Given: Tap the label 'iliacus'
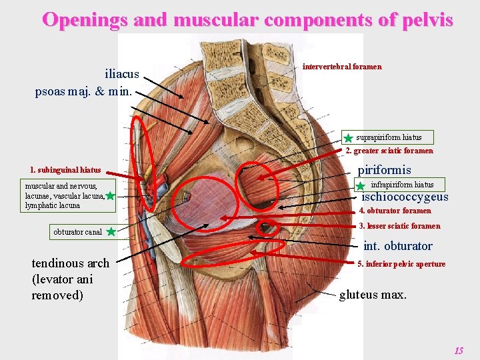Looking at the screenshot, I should pos(122,74).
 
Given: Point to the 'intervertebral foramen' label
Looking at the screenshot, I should pos(342,67).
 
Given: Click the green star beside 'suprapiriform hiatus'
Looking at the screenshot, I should pos(348,139).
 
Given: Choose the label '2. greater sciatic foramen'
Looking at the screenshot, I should pos(389,151).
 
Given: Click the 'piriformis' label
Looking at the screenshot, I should pos(385,170).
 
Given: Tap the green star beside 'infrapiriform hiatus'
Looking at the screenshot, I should pos(360,186).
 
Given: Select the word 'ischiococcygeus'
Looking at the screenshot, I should pos(405,197).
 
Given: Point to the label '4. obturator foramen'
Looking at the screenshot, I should pos(395,211).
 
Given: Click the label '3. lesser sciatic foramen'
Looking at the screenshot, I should pos(399,226).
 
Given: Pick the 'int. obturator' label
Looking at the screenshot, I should pos(398,246).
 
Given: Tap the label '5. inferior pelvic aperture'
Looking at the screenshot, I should pos(401,264).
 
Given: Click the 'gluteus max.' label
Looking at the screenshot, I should pos(373,294).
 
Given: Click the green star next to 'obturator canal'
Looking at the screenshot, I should pos(111,232).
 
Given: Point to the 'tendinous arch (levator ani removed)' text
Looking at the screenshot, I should pos(70,279).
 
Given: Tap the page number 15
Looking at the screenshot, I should pos(458,351).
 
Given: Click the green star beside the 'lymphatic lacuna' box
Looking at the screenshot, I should pos(110,196).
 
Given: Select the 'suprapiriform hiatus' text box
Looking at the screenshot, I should pos(389,137).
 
